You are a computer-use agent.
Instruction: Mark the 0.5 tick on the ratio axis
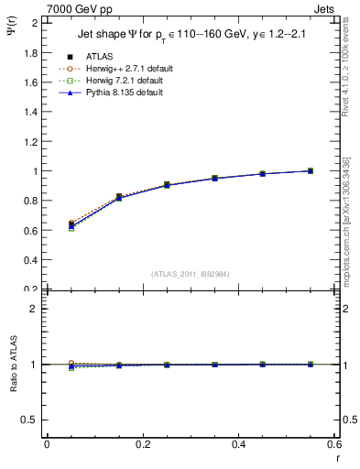(30, 420)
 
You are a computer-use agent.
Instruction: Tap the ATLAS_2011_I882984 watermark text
(191, 275)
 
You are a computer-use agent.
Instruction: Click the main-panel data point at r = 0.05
(71, 224)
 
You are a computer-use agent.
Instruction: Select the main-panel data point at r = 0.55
(311, 170)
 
